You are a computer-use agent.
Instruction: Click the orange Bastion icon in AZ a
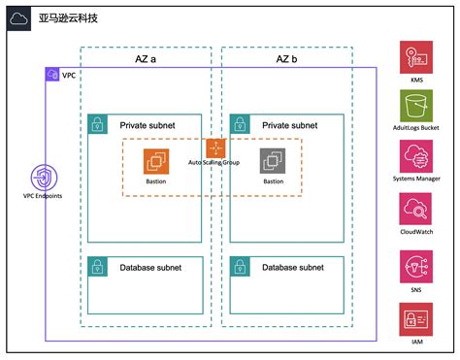pyautogui.click(x=156, y=161)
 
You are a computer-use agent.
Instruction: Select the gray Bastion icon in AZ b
pyautogui.click(x=273, y=161)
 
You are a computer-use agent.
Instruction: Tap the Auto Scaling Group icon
pyautogui.click(x=214, y=147)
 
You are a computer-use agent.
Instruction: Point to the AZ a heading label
pyautogui.click(x=146, y=58)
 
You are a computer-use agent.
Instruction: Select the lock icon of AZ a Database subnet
pyautogui.click(x=98, y=267)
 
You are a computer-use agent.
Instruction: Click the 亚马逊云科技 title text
pyautogui.click(x=67, y=20)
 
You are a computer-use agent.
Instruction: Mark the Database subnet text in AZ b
pyautogui.click(x=292, y=267)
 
